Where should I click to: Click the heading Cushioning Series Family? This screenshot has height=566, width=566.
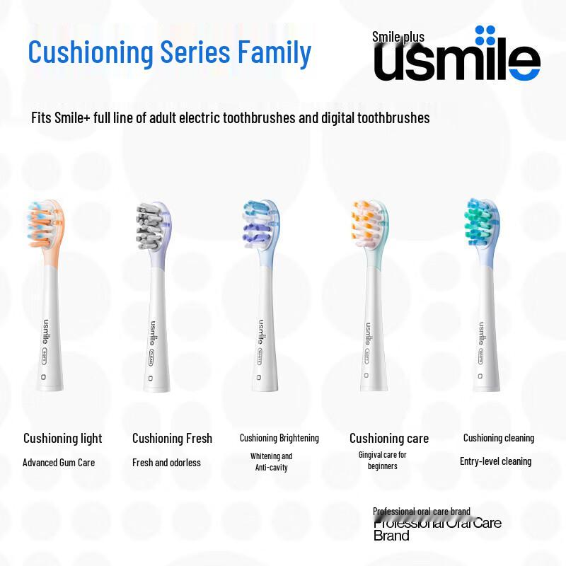169,53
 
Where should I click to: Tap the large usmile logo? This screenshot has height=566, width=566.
456,63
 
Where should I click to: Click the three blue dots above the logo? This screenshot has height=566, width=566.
485,35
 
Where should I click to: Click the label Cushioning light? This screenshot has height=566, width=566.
62,439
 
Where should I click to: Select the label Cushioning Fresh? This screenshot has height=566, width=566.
172,439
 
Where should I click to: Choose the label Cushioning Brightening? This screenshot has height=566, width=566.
279,438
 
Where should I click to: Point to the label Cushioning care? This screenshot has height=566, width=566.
388,439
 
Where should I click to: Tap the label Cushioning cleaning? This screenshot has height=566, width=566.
498,438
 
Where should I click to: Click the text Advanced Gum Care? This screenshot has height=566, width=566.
59,463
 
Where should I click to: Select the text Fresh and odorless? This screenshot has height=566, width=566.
166,463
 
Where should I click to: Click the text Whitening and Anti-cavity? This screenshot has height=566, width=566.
271,462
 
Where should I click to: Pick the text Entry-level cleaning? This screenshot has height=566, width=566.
495,461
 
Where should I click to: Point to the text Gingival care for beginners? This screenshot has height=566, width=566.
382,461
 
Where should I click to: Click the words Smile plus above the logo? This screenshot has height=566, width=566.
398,37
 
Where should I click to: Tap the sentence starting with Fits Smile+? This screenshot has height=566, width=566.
230,117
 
